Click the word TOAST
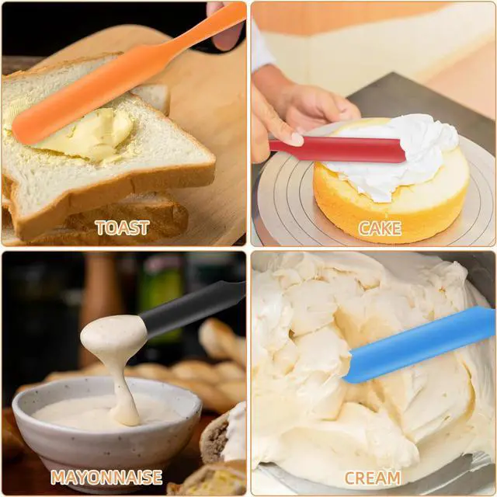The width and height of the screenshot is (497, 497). (123, 228)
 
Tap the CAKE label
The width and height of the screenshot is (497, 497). (380, 228)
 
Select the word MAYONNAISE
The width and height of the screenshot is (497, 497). (106, 478)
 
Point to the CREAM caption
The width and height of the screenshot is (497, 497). (373, 478)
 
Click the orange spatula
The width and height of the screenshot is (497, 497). (127, 74)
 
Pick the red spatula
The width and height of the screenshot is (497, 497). (338, 150)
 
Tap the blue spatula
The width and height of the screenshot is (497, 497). (420, 345)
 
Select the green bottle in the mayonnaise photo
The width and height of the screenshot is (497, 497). (161, 295)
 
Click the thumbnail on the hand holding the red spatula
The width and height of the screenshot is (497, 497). (297, 140)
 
